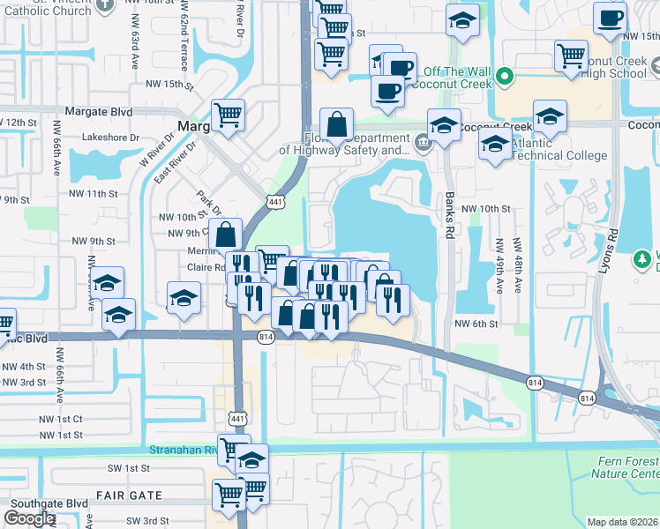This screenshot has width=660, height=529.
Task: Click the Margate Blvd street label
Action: [98, 112]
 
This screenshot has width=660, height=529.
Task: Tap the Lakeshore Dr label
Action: [111, 138]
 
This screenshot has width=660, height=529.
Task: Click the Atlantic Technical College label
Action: [557, 149]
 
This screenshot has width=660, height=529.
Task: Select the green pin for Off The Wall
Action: [505, 76]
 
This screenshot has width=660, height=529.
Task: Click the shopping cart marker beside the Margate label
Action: [228, 115]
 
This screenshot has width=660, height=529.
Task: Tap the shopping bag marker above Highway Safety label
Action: [337, 124]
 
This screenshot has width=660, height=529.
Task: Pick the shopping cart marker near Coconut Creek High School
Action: [572, 56]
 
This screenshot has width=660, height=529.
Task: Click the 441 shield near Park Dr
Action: [276, 202]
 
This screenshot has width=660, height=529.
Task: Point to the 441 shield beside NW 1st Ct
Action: [236, 416]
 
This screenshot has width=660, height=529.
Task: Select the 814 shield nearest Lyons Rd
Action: [587, 399]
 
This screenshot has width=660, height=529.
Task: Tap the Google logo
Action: [29, 518]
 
